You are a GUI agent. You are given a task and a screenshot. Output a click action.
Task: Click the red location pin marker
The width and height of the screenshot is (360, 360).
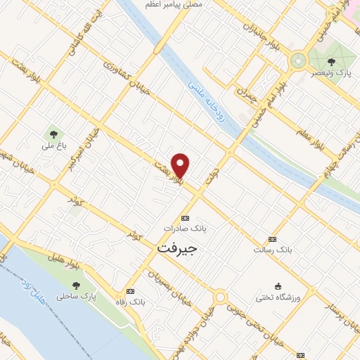181,165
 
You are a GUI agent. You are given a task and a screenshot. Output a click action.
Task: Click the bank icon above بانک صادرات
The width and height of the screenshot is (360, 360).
185,218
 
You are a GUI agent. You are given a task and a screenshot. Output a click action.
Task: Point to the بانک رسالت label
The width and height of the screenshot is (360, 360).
273,250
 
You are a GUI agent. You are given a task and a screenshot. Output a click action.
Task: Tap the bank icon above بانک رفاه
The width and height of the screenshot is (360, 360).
129,291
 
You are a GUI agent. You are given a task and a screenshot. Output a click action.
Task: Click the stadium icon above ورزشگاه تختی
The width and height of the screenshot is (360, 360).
278,286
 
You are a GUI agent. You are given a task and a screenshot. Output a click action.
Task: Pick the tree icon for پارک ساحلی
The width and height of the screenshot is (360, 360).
76,285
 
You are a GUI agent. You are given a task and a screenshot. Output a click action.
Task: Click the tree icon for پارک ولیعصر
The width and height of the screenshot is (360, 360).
332,62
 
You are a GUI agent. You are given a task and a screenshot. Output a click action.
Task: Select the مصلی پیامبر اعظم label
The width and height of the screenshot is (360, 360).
174,4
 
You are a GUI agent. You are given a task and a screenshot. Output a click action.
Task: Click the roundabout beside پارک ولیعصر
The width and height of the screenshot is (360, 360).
297,60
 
